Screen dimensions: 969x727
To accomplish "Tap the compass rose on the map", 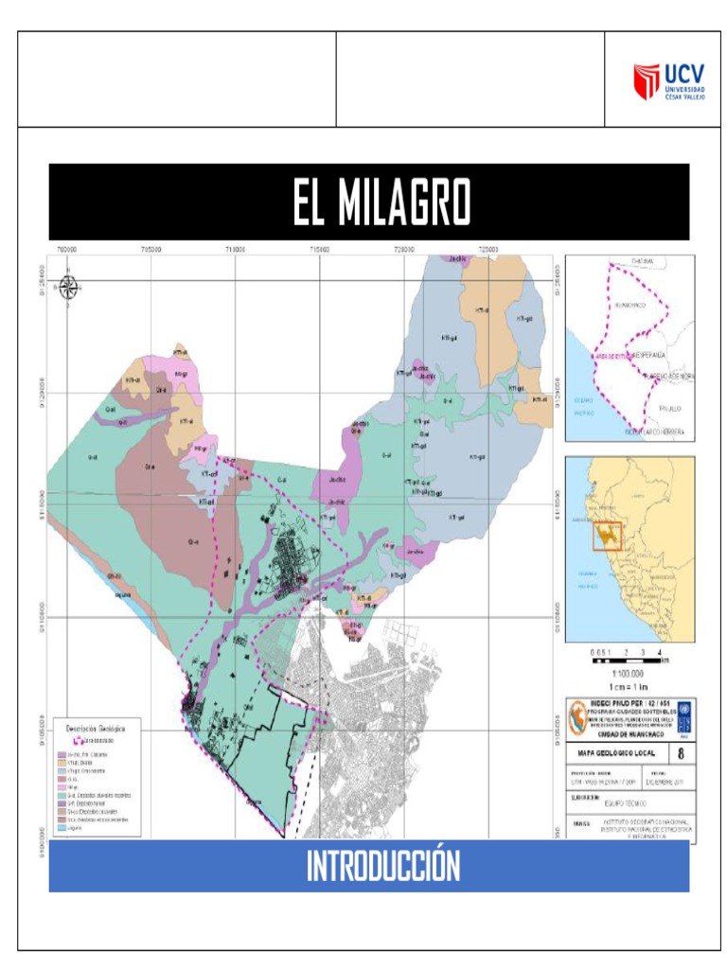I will (x=68, y=285).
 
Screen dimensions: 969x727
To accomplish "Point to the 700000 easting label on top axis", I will (x=68, y=250).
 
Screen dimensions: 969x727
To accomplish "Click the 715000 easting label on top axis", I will (x=319, y=250).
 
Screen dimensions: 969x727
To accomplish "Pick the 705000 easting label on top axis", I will (x=150, y=250).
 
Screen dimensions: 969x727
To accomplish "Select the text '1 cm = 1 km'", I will (x=629, y=686).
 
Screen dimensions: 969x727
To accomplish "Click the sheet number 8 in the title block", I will (x=681, y=754).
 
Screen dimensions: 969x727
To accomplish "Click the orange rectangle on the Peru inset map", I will (x=607, y=536).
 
